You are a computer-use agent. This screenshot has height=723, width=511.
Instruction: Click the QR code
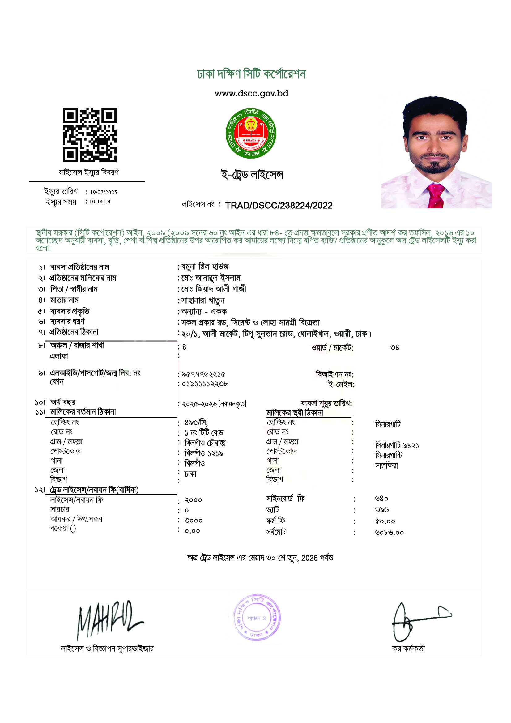89,135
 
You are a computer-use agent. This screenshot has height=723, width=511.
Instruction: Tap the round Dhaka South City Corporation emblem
251,133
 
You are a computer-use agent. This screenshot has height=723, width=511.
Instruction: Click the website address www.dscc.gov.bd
251,94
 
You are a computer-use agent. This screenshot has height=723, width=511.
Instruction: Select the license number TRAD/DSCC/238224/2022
279,206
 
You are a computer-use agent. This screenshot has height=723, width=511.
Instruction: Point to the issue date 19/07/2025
103,192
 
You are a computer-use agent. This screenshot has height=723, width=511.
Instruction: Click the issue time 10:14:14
100,202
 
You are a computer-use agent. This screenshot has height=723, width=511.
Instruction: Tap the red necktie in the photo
436,195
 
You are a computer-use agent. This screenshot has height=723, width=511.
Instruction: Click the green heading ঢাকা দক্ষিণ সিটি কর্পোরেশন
251,74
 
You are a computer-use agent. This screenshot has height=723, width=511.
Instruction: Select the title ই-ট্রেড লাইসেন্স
252,174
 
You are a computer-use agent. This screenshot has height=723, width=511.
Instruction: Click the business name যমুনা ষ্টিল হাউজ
205,267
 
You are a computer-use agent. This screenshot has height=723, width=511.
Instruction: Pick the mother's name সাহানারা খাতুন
203,300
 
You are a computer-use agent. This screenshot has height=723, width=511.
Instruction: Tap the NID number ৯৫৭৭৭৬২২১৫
203,374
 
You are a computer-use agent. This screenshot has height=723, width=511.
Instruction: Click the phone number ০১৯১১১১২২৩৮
205,384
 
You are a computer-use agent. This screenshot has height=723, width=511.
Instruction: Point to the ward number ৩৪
394,347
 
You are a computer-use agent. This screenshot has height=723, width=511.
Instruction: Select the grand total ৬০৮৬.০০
389,533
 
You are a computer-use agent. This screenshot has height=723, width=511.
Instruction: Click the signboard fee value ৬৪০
381,499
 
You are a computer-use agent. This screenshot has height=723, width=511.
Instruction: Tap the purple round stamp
257,618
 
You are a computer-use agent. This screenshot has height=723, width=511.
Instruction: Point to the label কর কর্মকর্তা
408,649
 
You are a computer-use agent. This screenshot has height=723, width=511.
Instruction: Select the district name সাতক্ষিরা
387,466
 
